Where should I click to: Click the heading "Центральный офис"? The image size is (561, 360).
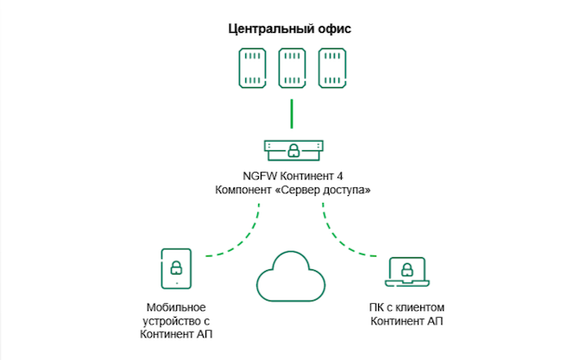[290, 28]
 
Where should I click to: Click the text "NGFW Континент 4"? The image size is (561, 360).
[292, 174]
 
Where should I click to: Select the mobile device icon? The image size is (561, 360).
[176, 268]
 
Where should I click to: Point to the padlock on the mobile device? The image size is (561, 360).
[176, 266]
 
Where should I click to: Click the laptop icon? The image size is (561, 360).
[407, 272]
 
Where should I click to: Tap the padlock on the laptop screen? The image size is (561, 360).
[407, 268]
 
